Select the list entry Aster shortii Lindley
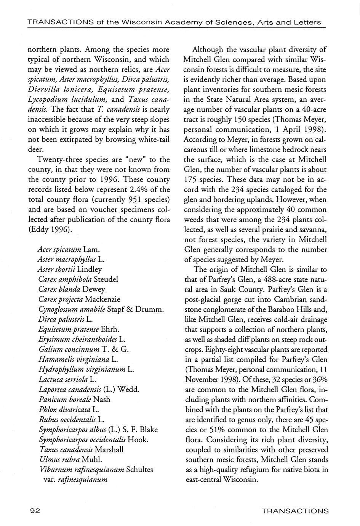click(x=70, y=269)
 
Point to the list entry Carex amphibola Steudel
click(x=78, y=279)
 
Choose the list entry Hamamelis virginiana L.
click(x=78, y=359)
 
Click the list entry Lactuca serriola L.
click(x=67, y=379)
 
